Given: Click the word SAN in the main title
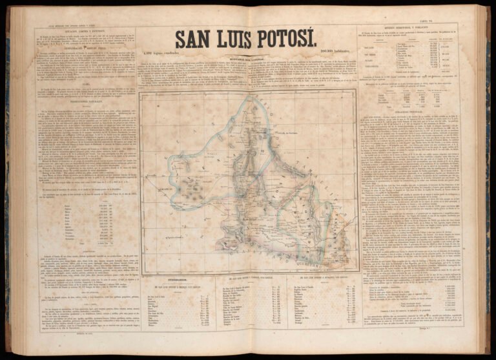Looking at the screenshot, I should [x=196, y=41].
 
